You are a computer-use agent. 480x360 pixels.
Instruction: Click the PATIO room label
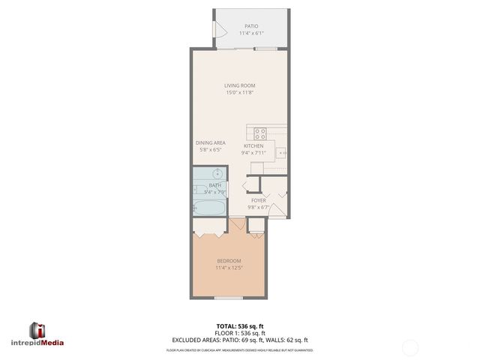(250, 26)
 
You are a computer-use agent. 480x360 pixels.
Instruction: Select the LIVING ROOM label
(239, 85)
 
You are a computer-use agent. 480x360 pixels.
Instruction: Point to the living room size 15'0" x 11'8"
(239, 93)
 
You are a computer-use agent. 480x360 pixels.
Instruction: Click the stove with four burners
(260, 133)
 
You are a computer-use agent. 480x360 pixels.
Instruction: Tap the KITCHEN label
(253, 145)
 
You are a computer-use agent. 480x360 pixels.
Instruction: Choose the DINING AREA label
(211, 142)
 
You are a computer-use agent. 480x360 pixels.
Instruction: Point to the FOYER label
(259, 201)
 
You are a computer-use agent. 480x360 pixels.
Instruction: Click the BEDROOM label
(229, 260)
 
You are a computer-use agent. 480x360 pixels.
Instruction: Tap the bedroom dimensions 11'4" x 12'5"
(229, 268)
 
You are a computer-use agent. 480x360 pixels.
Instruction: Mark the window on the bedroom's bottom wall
(228, 298)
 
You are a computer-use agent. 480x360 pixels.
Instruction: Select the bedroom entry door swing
(238, 224)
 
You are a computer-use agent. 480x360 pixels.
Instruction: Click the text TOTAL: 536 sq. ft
(239, 325)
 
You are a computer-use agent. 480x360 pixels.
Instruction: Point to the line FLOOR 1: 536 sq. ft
(239, 332)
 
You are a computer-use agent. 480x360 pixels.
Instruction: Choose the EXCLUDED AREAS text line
(239, 340)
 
